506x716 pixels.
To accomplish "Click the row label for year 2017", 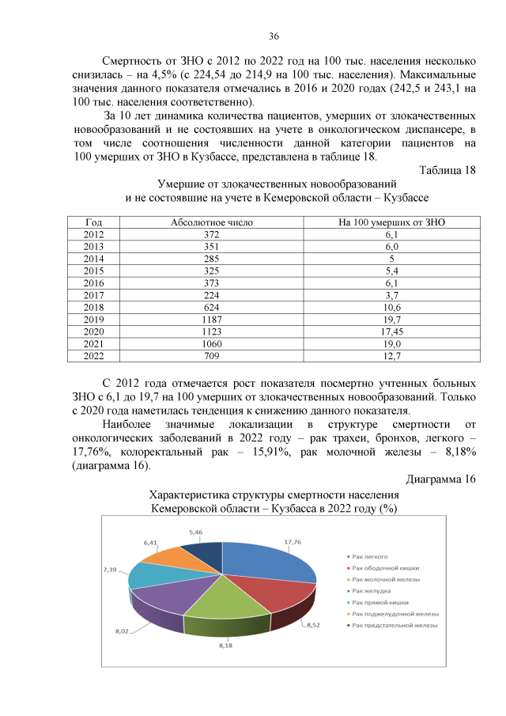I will pyautogui.click(x=94, y=294).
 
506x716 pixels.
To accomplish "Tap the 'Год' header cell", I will pyautogui.click(x=94, y=222).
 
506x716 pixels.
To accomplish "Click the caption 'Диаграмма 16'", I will pyautogui.click(x=440, y=479).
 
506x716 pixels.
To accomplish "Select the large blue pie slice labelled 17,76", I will pyautogui.click(x=265, y=562).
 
